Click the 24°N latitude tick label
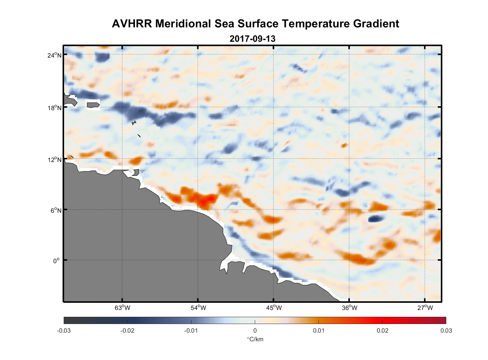pos(54,55)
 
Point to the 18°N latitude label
pos(54,108)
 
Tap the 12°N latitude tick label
pos(54,159)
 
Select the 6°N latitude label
pos(56,210)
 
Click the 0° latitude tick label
pos(57,261)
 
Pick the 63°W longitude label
pos(122,307)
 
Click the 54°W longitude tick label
pos(198,307)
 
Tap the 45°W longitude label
pos(274,307)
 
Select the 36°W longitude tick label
pos(349,307)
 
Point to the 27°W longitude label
pos(425,307)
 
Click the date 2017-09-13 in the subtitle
pos(252,39)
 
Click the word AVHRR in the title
pos(132,24)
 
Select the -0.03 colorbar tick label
pos(64,330)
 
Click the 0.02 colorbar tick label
pos(382,330)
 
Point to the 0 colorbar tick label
pos(255,330)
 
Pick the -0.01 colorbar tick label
pos(191,330)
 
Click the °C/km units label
pos(255,339)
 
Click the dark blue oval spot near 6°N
pos(375,218)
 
